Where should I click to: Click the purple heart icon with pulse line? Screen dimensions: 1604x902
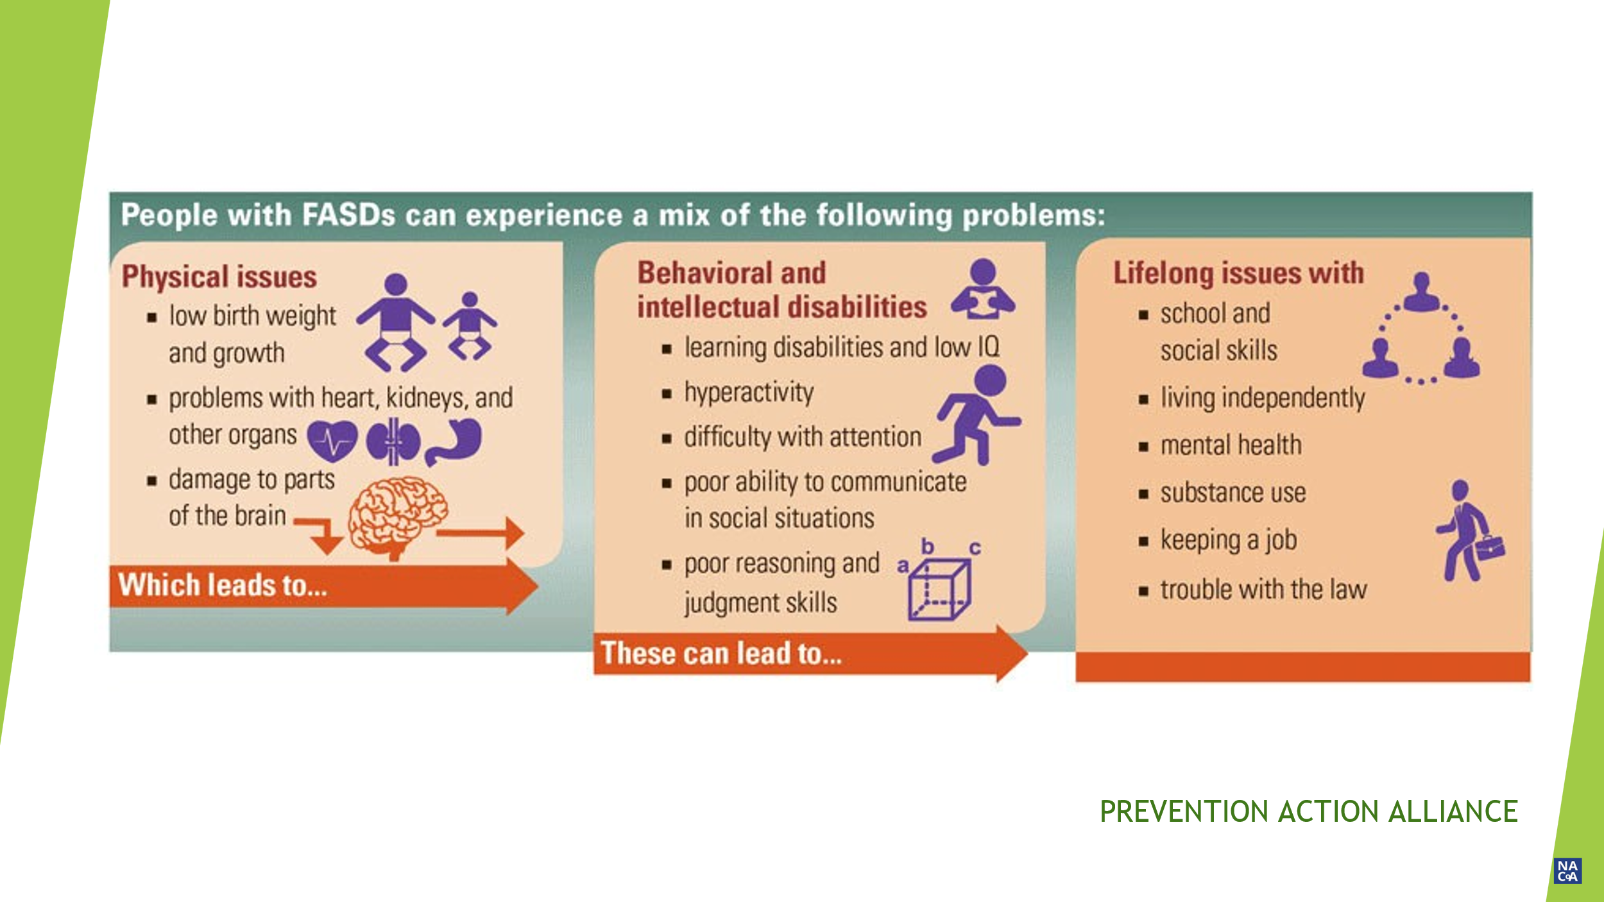(x=332, y=441)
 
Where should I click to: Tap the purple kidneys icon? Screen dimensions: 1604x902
(x=393, y=441)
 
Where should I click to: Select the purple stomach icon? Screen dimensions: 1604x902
(x=454, y=441)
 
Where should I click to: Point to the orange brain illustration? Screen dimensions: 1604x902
(x=398, y=518)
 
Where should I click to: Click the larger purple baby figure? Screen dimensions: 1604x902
(x=396, y=323)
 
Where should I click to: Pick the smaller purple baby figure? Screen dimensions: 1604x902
(x=470, y=325)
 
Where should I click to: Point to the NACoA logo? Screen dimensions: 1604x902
(x=1567, y=871)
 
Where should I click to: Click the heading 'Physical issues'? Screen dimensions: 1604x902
(x=219, y=277)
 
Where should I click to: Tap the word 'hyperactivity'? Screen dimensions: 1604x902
(x=749, y=393)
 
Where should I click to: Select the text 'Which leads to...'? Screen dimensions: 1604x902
(x=223, y=586)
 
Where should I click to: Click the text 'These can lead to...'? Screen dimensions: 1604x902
(x=721, y=654)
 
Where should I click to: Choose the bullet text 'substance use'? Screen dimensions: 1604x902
(x=1233, y=493)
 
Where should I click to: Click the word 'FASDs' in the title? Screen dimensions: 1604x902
(x=348, y=215)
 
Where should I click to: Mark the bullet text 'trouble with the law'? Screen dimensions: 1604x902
(x=1263, y=589)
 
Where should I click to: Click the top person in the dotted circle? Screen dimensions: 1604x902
(x=1422, y=292)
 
